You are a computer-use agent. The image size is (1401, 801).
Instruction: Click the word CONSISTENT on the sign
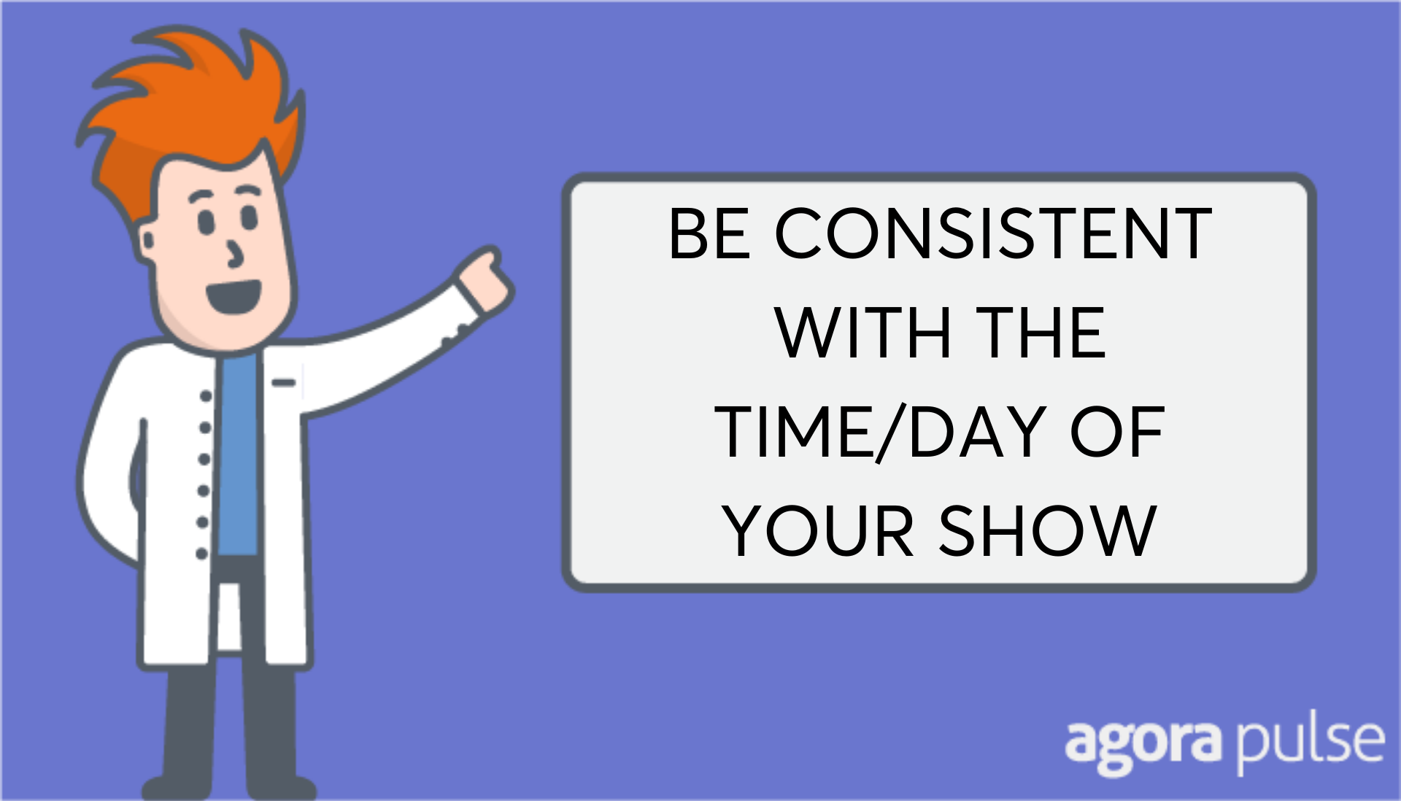point(992,233)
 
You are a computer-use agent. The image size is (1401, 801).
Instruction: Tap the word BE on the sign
point(709,233)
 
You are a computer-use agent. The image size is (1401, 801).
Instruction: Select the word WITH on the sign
point(863,333)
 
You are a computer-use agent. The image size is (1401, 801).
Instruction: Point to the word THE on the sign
point(1041,333)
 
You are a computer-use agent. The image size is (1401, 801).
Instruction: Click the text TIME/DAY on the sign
point(880,432)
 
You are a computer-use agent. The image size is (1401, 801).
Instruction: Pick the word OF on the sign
point(1116,432)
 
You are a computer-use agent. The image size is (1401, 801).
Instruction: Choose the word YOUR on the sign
point(818,531)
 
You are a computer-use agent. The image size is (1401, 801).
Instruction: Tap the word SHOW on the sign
point(1048,531)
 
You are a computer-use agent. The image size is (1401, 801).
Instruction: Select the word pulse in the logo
point(1310,742)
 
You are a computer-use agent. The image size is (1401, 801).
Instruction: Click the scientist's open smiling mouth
point(233,295)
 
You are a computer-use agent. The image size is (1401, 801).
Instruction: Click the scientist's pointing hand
point(484,280)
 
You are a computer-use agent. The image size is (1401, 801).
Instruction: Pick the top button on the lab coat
point(207,395)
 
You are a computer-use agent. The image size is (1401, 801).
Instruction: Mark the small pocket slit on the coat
point(284,382)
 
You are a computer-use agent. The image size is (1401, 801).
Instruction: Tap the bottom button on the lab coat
point(202,554)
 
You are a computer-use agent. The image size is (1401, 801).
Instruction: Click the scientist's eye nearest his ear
point(207,222)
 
